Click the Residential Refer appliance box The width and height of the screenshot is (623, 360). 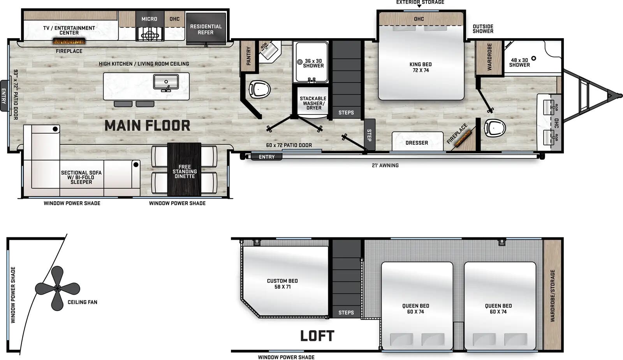206,29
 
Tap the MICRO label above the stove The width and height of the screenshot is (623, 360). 149,19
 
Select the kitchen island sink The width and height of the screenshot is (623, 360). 166,82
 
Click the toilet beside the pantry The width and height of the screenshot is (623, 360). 259,89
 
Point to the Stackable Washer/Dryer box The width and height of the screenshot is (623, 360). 313,103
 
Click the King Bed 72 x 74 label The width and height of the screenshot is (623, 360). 421,67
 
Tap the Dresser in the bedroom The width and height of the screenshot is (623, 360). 417,142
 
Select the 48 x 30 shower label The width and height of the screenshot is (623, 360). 519,63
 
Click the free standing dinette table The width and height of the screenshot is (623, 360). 184,169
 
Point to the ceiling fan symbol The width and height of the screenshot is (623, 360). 57,288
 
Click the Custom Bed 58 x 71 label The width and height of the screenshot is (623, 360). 282,284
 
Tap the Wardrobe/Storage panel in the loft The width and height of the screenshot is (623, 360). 552,295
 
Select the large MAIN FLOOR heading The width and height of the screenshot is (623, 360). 147,126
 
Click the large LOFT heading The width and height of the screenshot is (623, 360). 317,336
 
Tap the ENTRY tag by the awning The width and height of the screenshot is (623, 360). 267,157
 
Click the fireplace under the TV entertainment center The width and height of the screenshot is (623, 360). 69,41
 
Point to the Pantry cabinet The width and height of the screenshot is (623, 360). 248,56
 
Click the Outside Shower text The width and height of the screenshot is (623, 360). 483,29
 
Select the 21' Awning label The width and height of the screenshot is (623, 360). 385,165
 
